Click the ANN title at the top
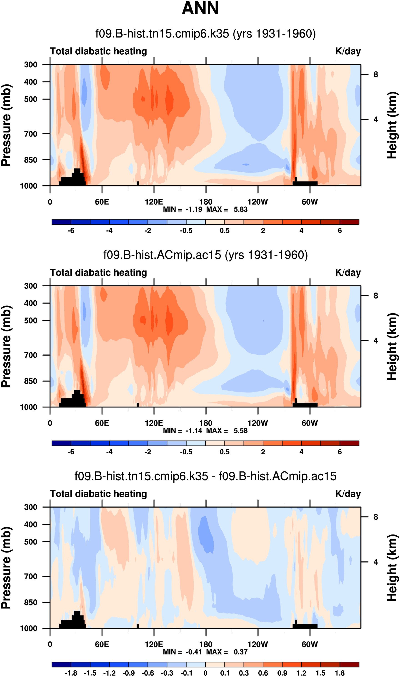pos(200,8)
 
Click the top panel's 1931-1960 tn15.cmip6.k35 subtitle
pos(205,34)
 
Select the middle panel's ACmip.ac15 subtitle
pos(205,255)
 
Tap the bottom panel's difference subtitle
pos(205,476)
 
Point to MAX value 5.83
pos(240,209)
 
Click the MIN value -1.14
pos(194,430)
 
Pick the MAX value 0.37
pos(240,652)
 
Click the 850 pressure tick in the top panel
pos(31,160)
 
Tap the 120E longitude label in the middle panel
pos(154,423)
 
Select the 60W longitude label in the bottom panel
pos(310,644)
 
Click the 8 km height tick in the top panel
pos(375,74)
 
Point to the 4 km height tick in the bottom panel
pos(375,562)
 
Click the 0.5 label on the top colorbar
pos(225,231)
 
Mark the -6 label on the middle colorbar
pos(71,452)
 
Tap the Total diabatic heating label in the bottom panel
pos(98,494)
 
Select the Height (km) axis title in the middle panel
pos(392,346)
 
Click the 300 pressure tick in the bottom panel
pos(31,507)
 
